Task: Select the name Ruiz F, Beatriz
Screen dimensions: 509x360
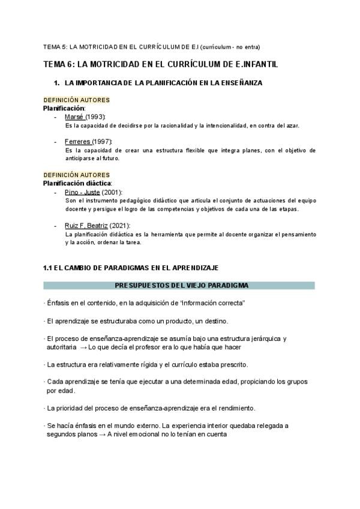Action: [x=86, y=225]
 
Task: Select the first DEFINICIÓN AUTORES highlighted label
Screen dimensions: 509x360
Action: [x=76, y=100]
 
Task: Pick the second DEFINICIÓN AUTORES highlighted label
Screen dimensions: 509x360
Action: [x=76, y=175]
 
